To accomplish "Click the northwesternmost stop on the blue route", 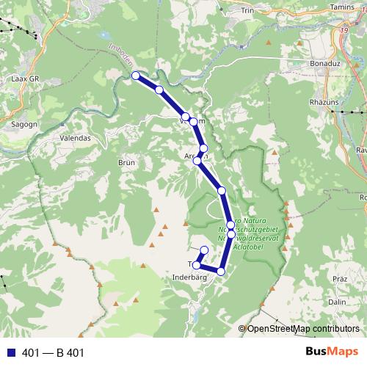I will pos(135,76).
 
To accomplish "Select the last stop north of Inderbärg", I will pos(204,250).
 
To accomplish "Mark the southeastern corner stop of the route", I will pos(220,272).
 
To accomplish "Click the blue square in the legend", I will pos(10,353).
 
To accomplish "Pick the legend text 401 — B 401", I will pos(54,353).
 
